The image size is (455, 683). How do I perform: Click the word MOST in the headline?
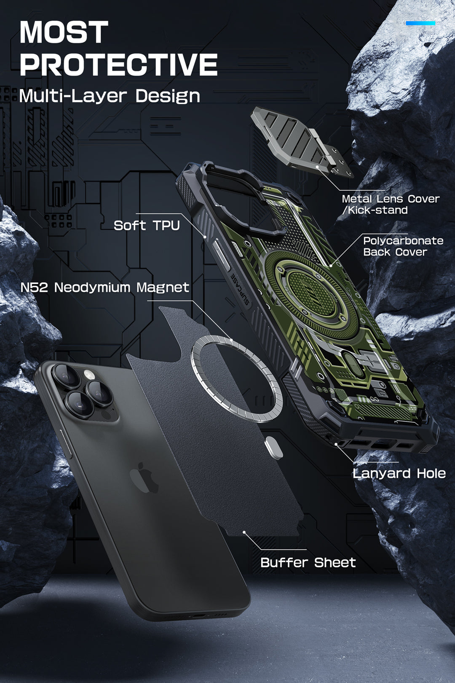(x=64, y=32)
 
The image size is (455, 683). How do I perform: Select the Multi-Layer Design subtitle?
(x=110, y=96)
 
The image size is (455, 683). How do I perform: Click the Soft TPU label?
(x=147, y=226)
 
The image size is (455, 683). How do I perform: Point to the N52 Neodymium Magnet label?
(x=105, y=288)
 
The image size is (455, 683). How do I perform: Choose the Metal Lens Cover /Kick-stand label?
(x=391, y=205)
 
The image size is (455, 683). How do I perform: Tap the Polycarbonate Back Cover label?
(x=403, y=246)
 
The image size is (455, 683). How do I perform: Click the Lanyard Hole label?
(x=399, y=473)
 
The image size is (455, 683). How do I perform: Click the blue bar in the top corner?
(x=420, y=23)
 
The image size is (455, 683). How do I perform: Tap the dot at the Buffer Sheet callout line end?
(x=244, y=532)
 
